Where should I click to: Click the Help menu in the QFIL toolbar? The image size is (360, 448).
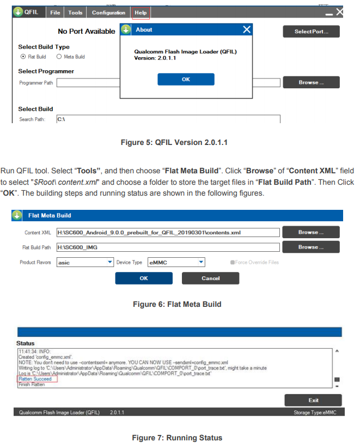click(141, 13)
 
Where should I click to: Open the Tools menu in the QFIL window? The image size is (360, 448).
click(75, 13)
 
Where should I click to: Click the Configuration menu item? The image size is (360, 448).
click(108, 13)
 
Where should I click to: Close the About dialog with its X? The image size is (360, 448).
click(247, 29)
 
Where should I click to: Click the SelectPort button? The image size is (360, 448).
click(311, 32)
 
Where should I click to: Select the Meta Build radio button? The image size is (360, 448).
click(59, 57)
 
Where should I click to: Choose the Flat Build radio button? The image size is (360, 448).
click(23, 57)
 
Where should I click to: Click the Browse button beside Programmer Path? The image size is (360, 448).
click(311, 82)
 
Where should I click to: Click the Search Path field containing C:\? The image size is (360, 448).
click(168, 119)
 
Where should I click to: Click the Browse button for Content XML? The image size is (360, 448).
click(311, 232)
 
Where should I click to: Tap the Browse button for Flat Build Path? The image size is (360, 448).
click(311, 247)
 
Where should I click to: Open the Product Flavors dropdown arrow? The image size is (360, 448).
click(110, 262)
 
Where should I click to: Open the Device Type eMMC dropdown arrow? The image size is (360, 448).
click(202, 262)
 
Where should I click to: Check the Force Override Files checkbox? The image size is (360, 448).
click(233, 262)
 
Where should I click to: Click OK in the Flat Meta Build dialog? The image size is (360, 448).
click(144, 279)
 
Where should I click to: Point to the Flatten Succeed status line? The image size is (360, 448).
click(35, 379)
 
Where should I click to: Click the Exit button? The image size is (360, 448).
click(313, 400)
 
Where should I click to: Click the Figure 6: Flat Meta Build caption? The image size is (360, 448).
click(177, 304)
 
